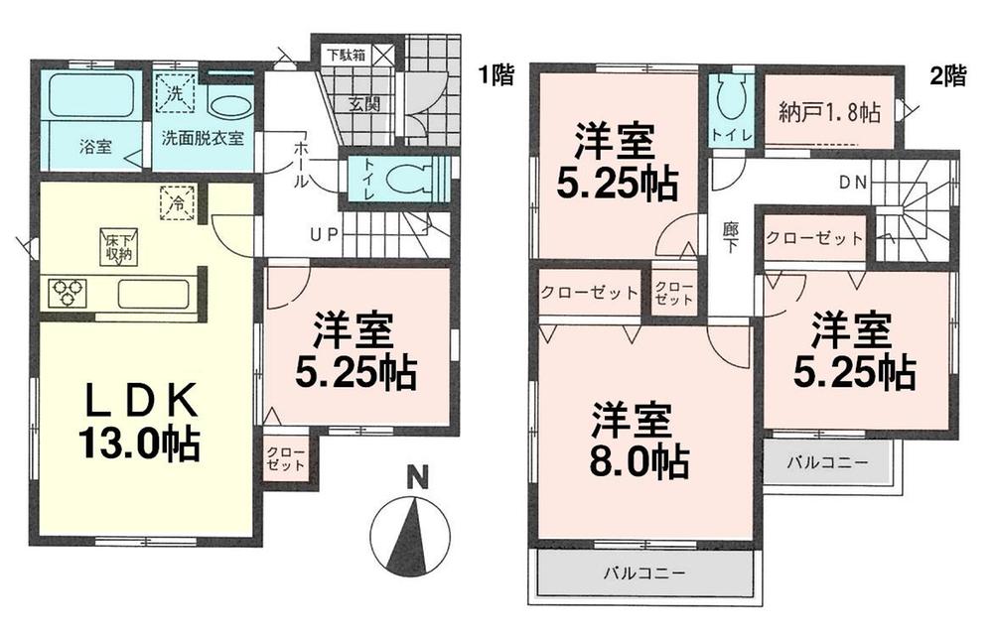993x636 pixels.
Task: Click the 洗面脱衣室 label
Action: (x=203, y=137)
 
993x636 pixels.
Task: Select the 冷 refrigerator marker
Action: (x=175, y=204)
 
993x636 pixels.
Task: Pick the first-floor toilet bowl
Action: (x=408, y=181)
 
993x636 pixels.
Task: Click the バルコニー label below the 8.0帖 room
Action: (x=644, y=572)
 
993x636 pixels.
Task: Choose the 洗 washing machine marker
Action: (x=175, y=92)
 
